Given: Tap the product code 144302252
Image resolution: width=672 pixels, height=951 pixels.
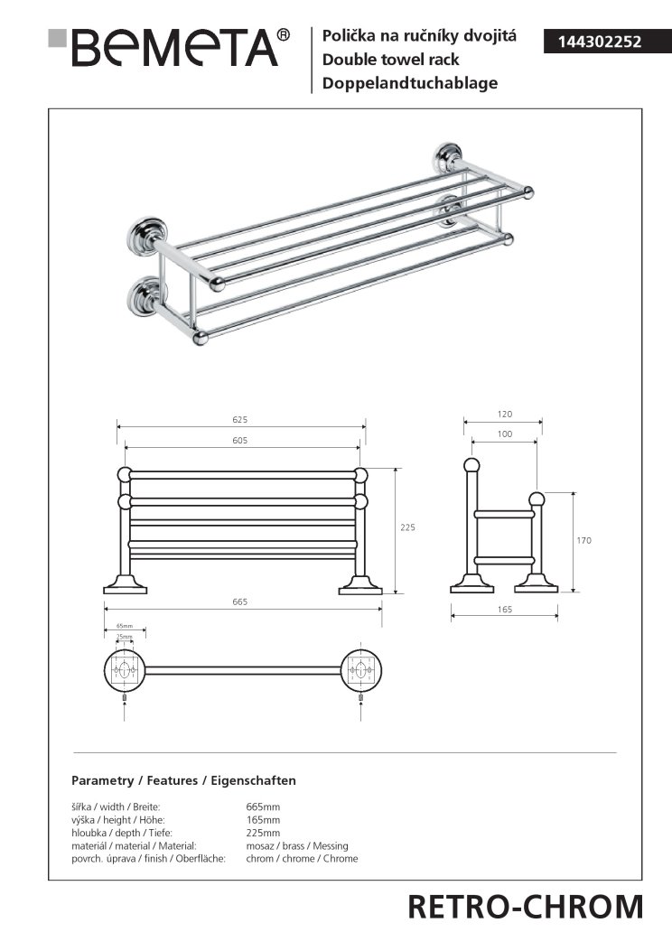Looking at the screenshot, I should [593, 42].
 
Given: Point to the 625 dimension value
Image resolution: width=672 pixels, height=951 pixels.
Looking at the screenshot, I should [239, 420].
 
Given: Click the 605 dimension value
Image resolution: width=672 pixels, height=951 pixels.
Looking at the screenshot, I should [239, 441].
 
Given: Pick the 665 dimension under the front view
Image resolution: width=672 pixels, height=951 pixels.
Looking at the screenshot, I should [239, 602].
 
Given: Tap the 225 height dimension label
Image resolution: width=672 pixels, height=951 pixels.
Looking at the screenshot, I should [408, 528].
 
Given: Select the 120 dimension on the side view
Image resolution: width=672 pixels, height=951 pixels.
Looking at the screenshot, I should [504, 415].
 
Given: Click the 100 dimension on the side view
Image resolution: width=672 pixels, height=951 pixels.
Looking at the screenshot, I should [504, 435].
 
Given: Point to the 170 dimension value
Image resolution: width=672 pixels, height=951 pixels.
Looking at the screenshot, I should [583, 540].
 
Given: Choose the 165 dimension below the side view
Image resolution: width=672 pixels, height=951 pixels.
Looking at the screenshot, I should [504, 611].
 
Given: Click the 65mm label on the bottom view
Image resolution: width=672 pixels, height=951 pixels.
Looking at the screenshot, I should [125, 626].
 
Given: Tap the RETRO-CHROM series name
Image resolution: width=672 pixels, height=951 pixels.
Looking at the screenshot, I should [526, 906].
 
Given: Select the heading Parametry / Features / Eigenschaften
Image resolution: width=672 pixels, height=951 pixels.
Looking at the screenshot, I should [183, 780].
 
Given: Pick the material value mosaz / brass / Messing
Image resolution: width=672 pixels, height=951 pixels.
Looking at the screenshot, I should [296, 845].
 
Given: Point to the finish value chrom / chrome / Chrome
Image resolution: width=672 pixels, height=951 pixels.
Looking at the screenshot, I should [302, 859].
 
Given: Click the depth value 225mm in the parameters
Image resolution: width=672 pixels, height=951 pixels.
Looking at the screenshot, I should [263, 833].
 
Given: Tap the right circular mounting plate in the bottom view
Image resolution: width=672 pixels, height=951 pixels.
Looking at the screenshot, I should [359, 670].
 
